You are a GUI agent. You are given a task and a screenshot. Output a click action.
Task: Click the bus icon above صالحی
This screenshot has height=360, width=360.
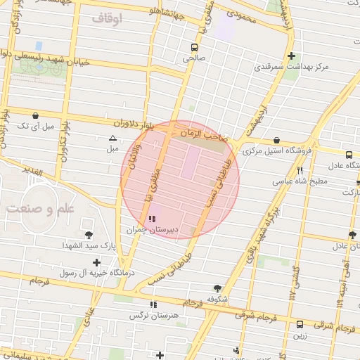[x=193, y=47]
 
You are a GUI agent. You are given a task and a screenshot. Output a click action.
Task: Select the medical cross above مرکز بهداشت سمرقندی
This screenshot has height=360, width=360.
[x=291, y=56]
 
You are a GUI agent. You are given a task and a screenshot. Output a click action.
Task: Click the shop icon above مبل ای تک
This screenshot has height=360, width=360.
[x=35, y=115]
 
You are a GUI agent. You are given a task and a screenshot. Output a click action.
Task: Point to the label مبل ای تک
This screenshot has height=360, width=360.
[x=35, y=126]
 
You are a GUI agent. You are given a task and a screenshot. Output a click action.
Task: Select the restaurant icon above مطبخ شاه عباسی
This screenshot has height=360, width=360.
[x=300, y=170]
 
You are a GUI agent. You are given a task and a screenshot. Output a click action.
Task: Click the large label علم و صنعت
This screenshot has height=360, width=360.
[x=39, y=209]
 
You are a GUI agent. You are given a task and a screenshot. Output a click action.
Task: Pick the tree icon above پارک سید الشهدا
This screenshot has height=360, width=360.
[x=89, y=235]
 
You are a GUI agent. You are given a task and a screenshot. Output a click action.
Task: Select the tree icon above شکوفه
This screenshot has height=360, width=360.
[x=217, y=288]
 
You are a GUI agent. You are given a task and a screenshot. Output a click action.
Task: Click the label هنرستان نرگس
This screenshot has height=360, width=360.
[x=150, y=316]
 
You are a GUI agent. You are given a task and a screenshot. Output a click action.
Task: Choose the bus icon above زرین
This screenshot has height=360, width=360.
[x=300, y=324]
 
